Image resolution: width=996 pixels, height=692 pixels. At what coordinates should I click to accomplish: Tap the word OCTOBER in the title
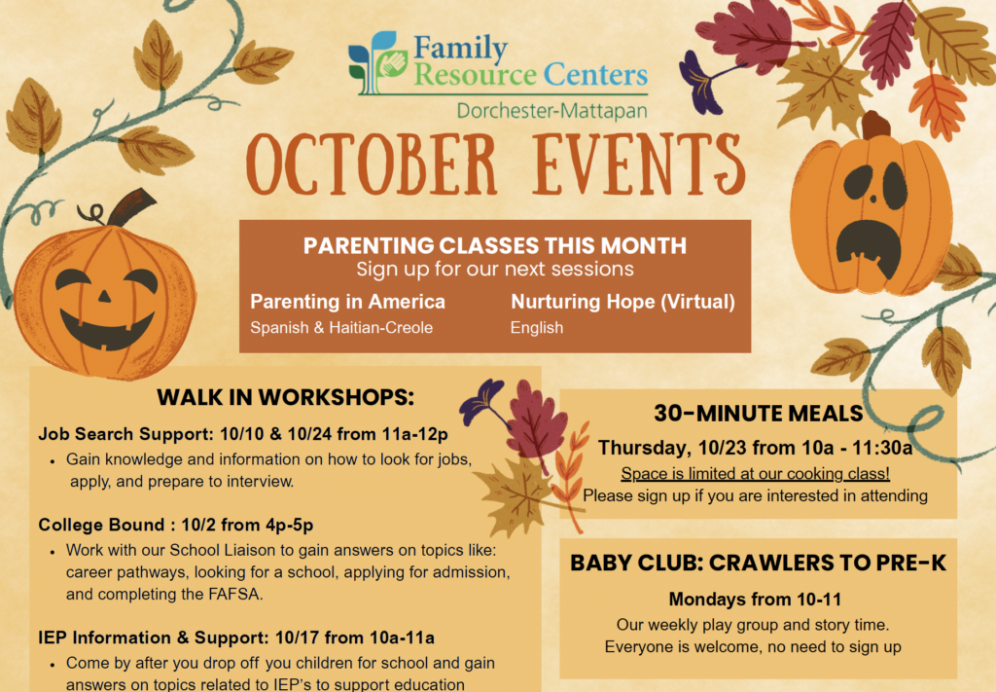point(371,164)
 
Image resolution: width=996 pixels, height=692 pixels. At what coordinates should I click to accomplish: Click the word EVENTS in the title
point(638,164)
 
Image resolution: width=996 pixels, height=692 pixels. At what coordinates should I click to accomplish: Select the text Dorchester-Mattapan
point(552,111)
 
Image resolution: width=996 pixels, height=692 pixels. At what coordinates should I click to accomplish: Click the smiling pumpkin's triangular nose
point(104,296)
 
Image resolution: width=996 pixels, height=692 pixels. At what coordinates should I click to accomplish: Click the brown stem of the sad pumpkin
point(876,126)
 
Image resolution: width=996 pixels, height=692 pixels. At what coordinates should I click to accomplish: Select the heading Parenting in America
point(347,301)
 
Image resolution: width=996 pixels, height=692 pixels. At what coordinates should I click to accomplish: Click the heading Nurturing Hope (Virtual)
point(622,301)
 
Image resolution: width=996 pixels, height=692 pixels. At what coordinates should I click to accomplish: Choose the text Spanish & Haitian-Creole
point(341,328)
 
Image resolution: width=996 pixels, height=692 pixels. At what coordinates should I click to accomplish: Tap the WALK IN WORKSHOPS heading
point(285,398)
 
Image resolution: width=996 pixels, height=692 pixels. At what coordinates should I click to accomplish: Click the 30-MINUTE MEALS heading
point(759,414)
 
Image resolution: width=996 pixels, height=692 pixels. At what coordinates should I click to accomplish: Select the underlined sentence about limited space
point(755,473)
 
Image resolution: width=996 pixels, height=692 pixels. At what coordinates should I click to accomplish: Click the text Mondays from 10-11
point(755,600)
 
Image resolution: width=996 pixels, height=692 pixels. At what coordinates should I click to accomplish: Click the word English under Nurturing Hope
point(537,328)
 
